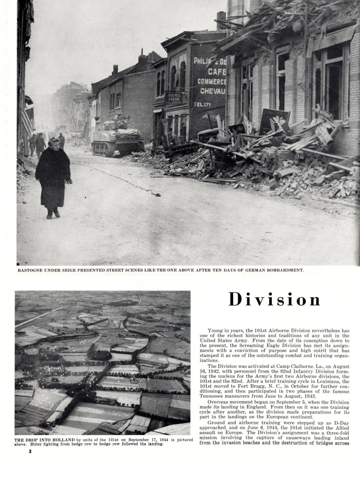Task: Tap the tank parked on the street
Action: (x=117, y=136)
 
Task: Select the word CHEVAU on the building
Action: (x=212, y=90)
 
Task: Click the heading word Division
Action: (x=275, y=300)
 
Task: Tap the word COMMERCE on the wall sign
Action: (x=211, y=81)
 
